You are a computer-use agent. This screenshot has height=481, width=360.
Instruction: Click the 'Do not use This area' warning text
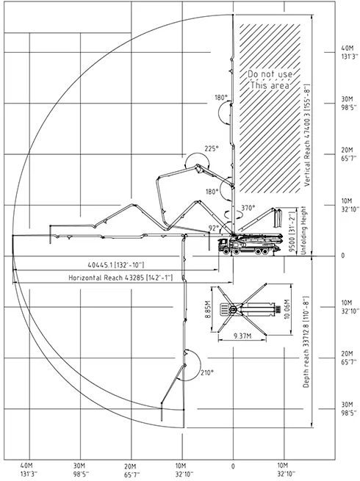click(x=270, y=79)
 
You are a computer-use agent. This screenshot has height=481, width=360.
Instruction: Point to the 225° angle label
click(x=212, y=148)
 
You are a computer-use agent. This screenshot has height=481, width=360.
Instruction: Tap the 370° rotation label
click(x=248, y=208)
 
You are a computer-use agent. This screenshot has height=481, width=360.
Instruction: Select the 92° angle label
click(x=213, y=228)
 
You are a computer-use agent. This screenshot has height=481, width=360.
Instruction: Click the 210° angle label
click(x=207, y=373)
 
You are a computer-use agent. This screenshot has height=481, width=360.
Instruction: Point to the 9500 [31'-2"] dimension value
click(x=293, y=231)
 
